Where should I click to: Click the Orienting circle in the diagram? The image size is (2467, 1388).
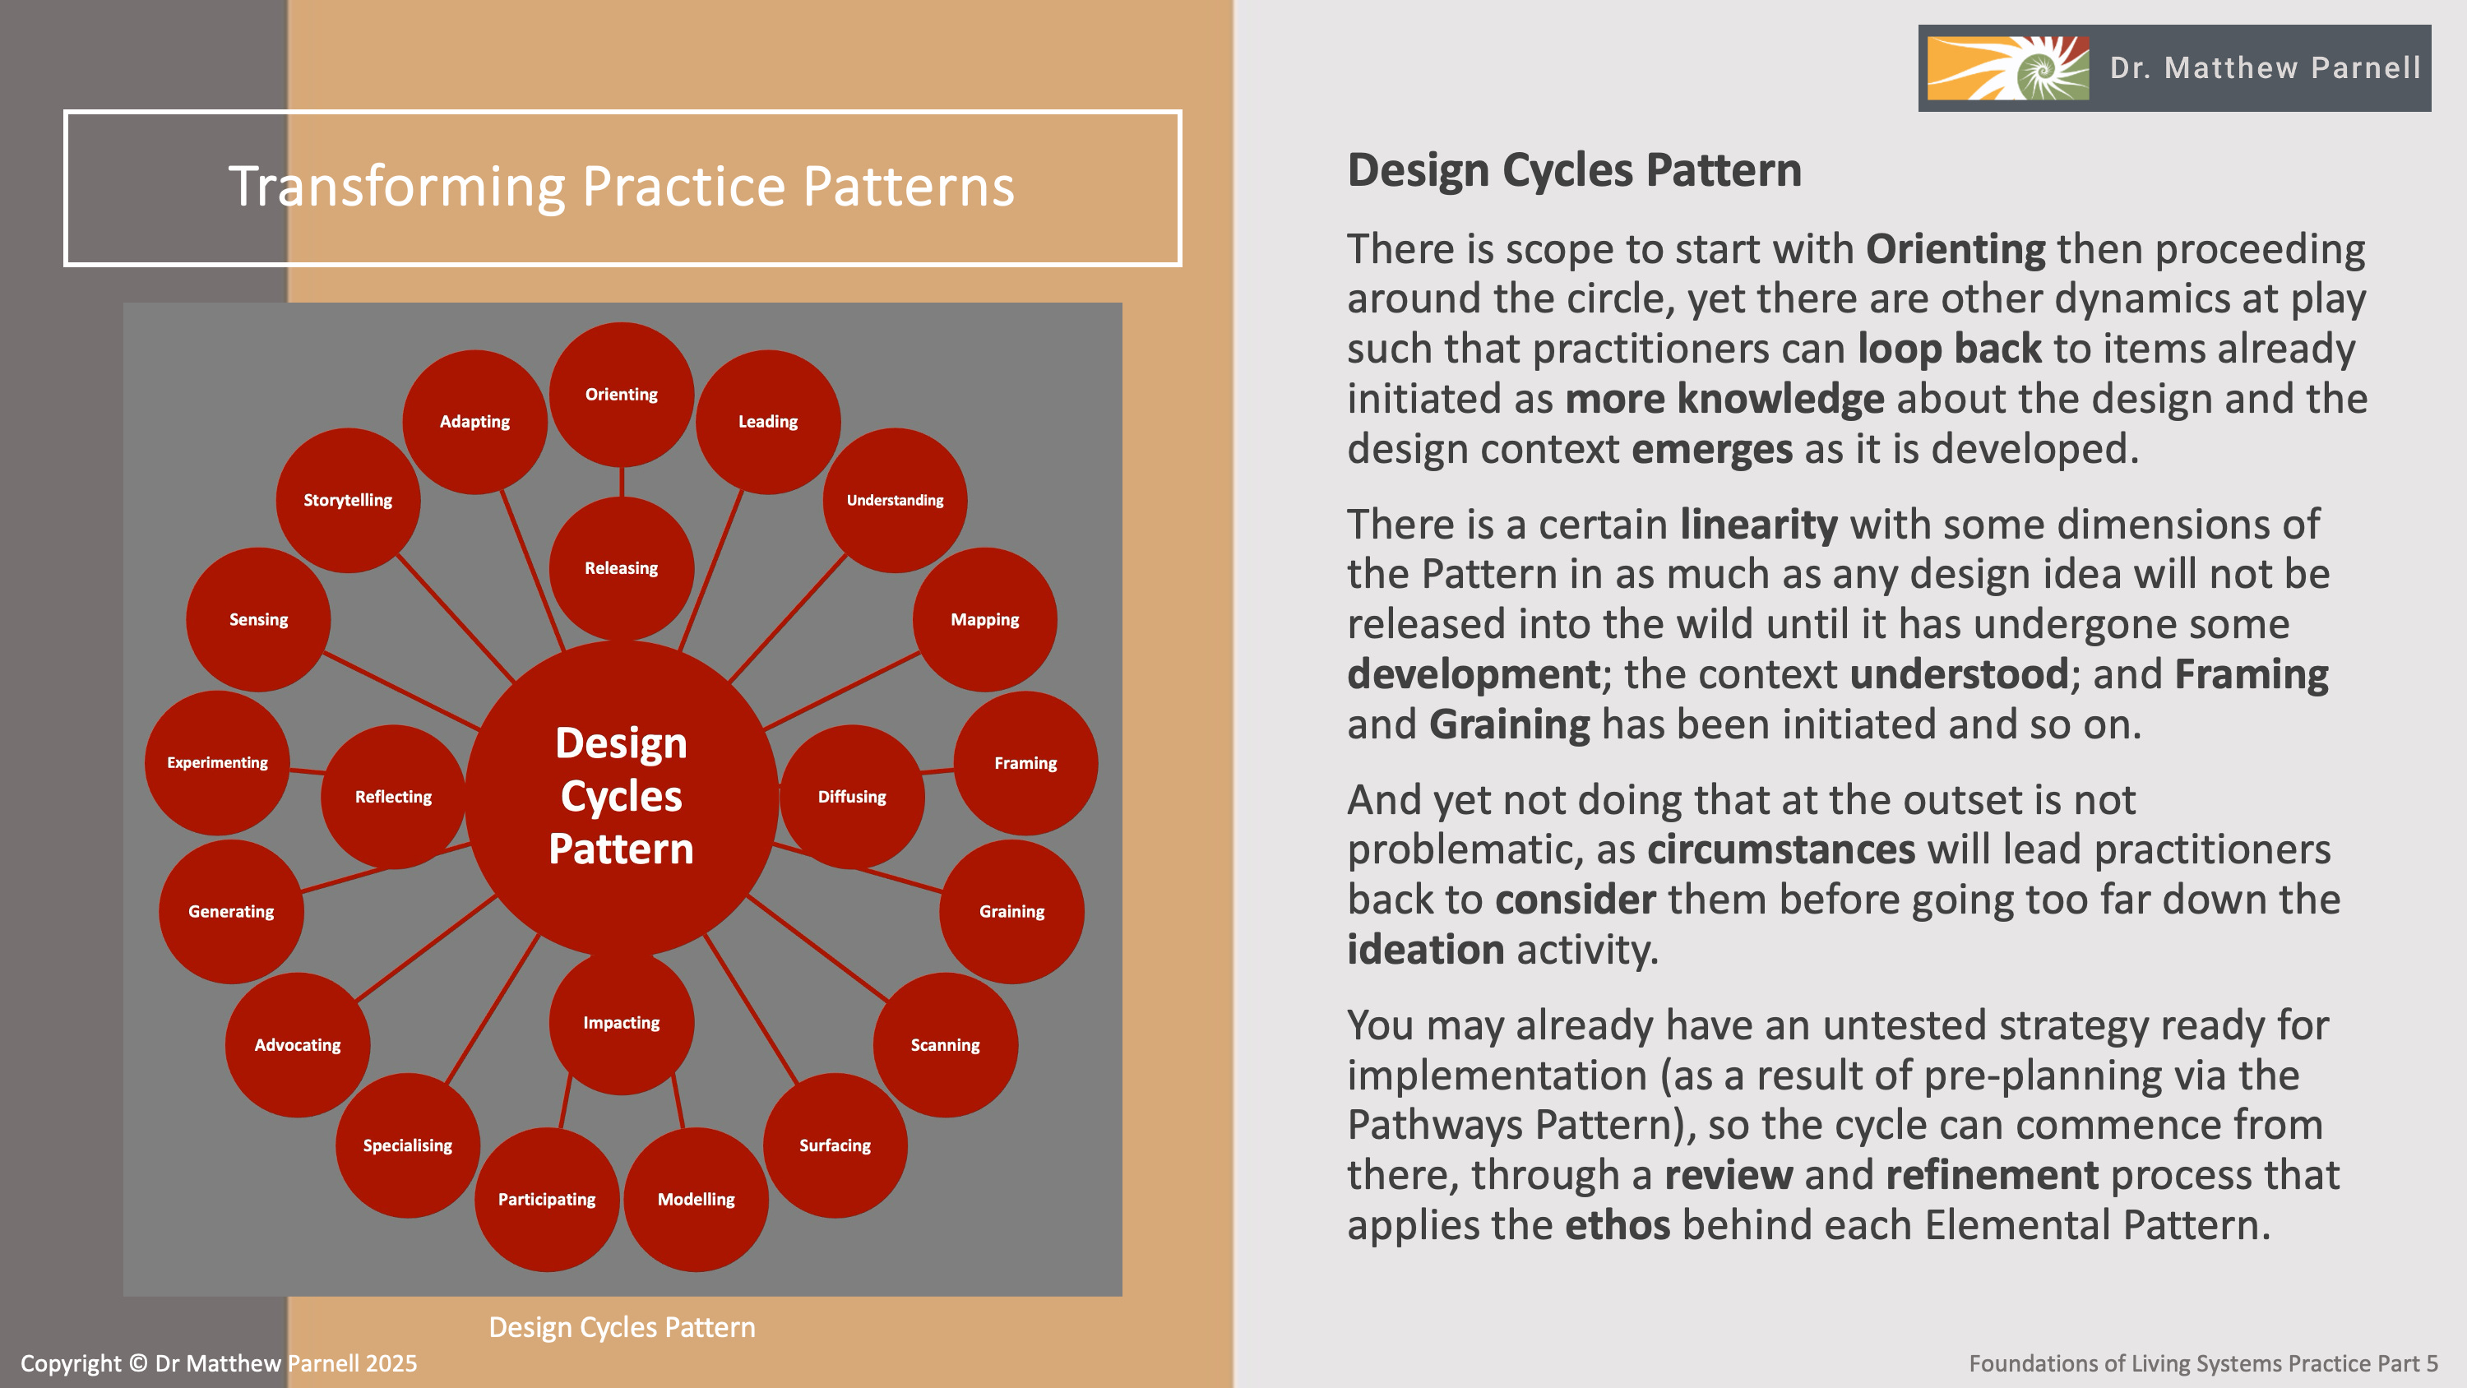621,394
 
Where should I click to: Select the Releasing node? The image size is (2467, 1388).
621,568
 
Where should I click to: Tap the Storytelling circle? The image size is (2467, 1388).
348,500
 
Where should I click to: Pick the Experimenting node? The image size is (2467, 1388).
217,762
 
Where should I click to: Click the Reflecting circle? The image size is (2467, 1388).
392,796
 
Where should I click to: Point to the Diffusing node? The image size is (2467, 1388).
851,796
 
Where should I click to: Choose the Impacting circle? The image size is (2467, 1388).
621,1022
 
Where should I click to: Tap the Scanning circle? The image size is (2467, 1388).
944,1044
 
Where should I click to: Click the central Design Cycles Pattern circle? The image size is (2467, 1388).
621,796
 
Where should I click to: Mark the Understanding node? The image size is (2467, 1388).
895,500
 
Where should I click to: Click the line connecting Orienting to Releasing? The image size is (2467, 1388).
622,481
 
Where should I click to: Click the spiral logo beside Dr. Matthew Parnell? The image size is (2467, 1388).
2007,68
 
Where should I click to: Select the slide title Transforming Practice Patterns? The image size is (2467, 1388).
622,186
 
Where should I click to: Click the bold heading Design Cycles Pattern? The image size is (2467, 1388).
1573,170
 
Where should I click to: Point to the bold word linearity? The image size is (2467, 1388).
1758,524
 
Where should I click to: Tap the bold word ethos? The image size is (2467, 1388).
1618,1224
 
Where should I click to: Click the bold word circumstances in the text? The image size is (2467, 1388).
1780,849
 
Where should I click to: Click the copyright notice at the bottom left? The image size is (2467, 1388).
219,1363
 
